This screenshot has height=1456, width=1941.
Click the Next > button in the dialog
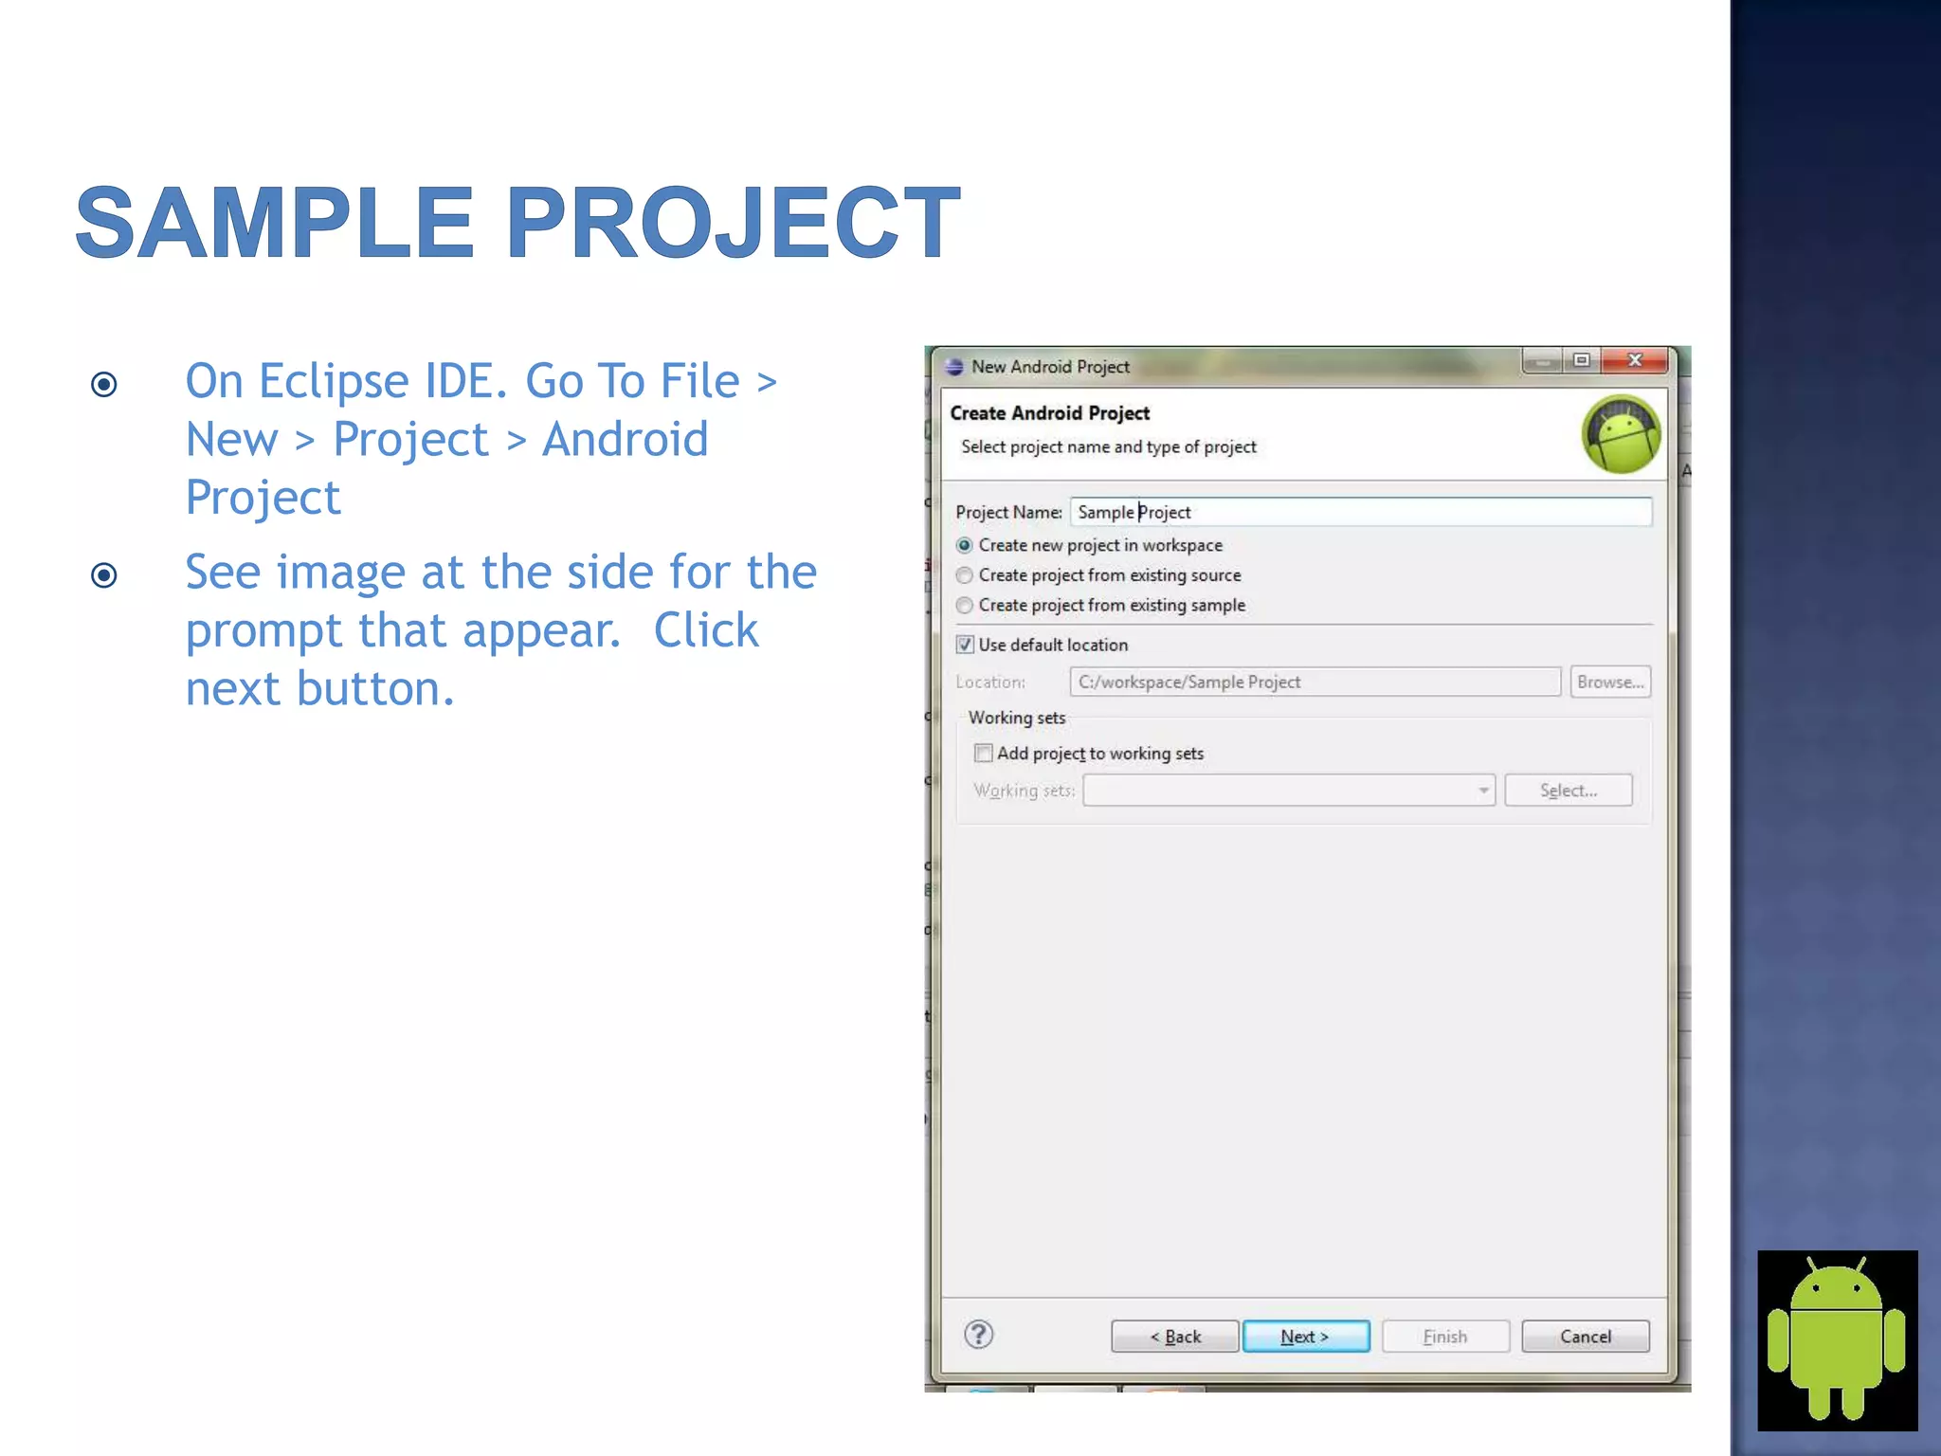1305,1336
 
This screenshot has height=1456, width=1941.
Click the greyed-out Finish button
1444,1336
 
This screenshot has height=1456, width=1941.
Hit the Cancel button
1585,1336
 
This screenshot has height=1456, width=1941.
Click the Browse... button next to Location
1609,682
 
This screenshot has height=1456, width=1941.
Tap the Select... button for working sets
1568,790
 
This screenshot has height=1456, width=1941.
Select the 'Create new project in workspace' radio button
965,545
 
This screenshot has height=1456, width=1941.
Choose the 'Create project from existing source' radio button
965,575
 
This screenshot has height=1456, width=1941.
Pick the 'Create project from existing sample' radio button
965,605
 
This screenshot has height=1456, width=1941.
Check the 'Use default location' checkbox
965,645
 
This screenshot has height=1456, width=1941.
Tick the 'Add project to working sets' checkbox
984,753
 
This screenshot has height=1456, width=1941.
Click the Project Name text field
1361,512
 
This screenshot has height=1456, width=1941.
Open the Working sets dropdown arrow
1483,790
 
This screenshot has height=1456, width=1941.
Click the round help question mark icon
979,1335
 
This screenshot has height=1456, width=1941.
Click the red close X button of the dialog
1635,360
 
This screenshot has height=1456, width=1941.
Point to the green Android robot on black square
1837,1339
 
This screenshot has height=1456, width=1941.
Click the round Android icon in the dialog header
1622,434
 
